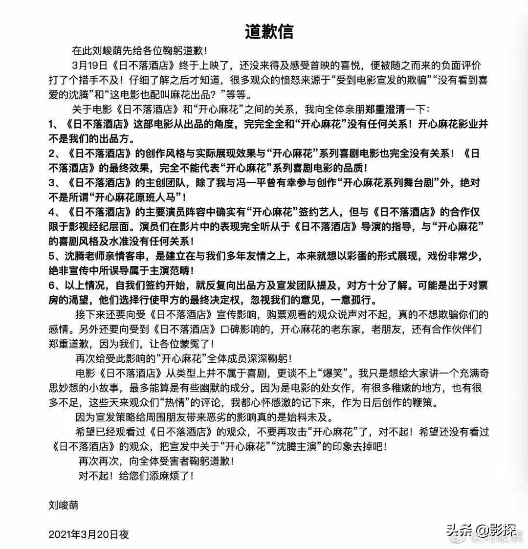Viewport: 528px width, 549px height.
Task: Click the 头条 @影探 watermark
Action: pyautogui.click(x=474, y=529)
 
